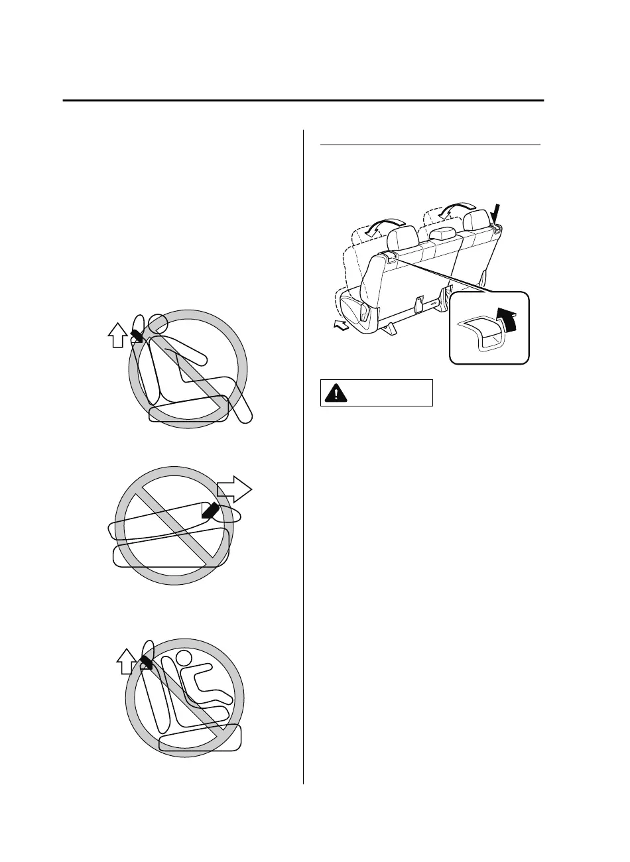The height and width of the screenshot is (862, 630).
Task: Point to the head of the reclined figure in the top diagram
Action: pyautogui.click(x=157, y=324)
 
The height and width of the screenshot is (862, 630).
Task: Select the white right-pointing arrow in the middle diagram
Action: pyautogui.click(x=235, y=492)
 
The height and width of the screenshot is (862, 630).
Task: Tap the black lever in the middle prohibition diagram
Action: pyautogui.click(x=211, y=511)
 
